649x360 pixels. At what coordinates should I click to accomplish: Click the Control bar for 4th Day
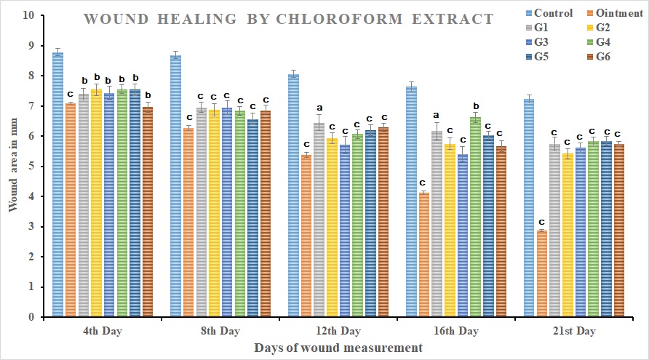pyautogui.click(x=57, y=185)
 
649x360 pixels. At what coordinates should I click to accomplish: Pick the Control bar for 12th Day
pyautogui.click(x=294, y=196)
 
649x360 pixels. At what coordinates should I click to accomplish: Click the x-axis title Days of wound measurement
pyautogui.click(x=338, y=348)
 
